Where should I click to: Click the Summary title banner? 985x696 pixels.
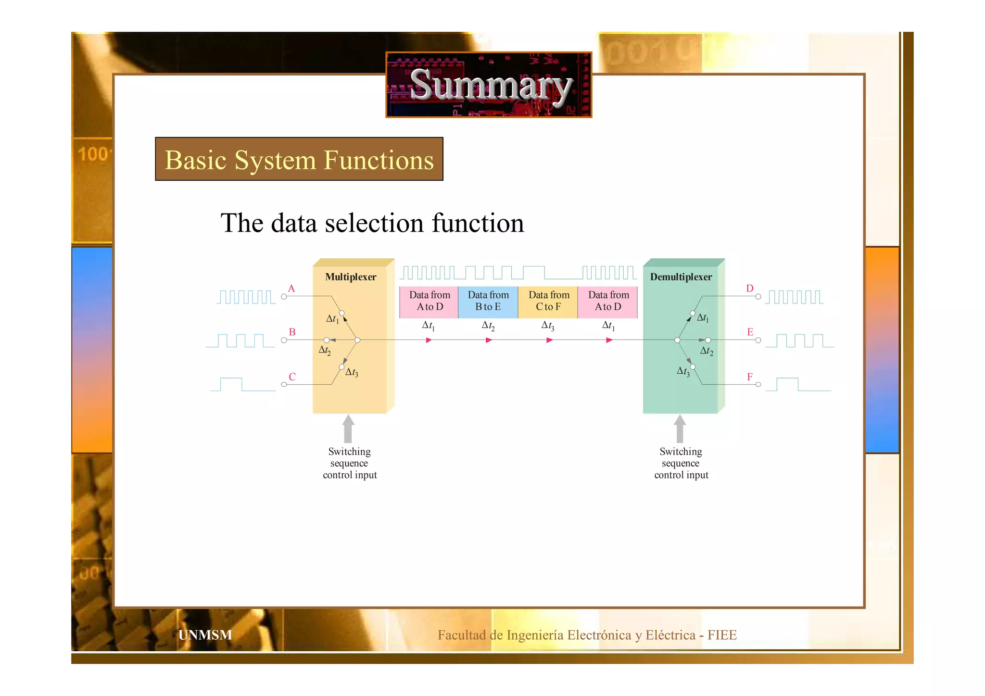click(x=489, y=85)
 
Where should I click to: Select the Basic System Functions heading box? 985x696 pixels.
click(x=299, y=159)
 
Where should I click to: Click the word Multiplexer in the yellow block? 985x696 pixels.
click(x=351, y=277)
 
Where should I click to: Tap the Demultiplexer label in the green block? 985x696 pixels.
click(x=681, y=277)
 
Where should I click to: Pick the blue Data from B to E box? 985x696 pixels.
click(x=488, y=302)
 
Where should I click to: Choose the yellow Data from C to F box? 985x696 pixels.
click(x=548, y=302)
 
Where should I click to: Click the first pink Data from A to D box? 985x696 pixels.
click(x=429, y=302)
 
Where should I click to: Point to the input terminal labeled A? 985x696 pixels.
click(x=284, y=297)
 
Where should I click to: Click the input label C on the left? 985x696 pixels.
click(x=292, y=377)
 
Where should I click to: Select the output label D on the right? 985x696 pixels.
click(x=749, y=289)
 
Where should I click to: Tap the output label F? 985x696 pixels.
click(x=749, y=377)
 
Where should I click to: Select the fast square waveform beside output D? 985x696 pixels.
click(x=794, y=297)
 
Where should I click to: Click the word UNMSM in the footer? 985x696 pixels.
click(x=205, y=635)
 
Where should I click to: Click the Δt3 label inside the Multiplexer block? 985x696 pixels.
click(x=352, y=372)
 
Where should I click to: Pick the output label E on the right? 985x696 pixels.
click(x=750, y=332)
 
